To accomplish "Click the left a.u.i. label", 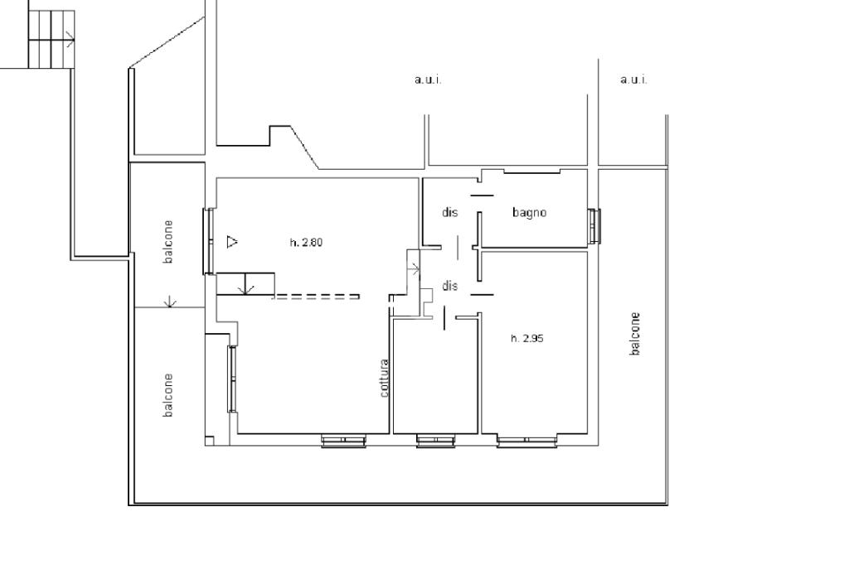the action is coord(428,80).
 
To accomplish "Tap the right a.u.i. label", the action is coord(633,80).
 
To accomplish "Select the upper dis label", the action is coord(450,212).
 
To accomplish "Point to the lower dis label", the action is coord(450,286).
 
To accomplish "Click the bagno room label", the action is coord(529,213).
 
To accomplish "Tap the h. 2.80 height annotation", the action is coord(307,243).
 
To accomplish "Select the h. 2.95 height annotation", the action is coord(527,339).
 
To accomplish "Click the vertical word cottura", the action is coord(385,378).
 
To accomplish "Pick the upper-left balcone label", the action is coord(168,242).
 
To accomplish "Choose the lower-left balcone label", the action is coord(168,395).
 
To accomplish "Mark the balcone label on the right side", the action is coord(635,334).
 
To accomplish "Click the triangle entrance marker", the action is coord(232,241).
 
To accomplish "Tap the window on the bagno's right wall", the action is coord(594,226).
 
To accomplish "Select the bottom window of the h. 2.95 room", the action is coord(527,442).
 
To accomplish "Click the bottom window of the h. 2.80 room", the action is coord(343,441).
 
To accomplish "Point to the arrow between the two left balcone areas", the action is coord(170,302).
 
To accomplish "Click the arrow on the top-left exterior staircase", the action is coord(70,39).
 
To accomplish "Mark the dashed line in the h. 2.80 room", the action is coord(316,297).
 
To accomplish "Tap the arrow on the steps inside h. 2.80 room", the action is coord(246,285).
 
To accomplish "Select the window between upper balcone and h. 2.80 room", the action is coord(208,241).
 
